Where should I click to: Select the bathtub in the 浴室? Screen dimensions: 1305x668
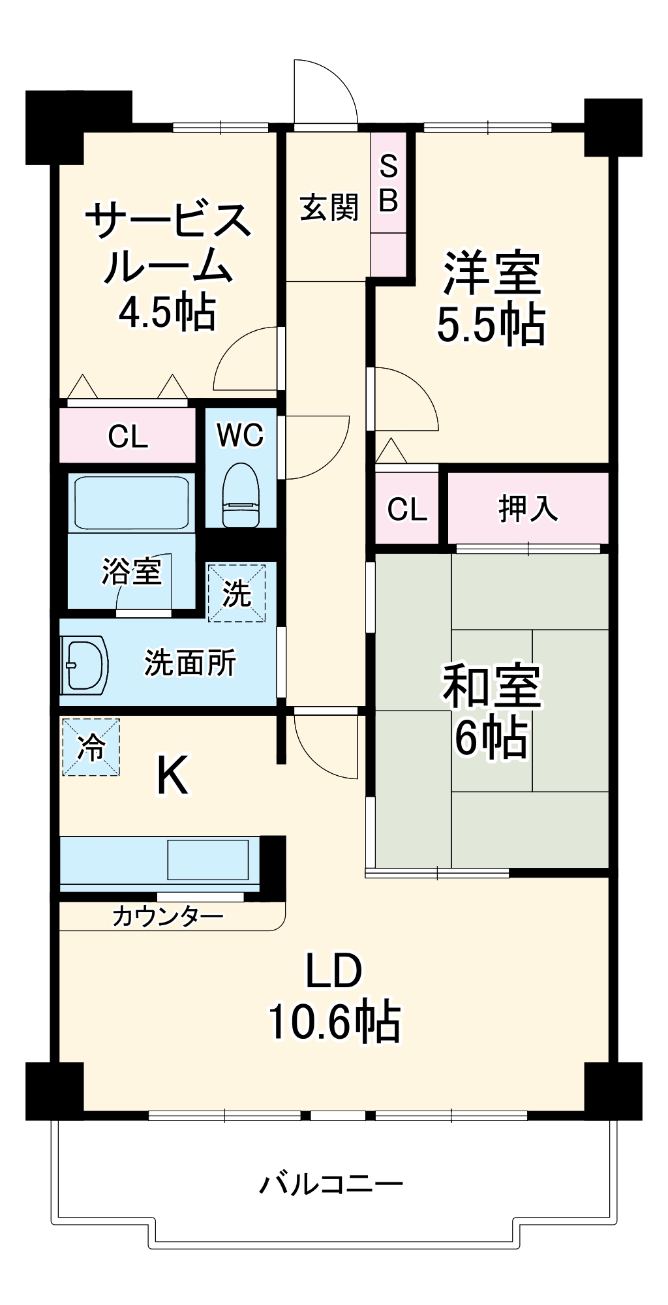131,502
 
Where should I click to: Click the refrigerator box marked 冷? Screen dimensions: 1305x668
91,747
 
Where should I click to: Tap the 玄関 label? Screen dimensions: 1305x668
329,207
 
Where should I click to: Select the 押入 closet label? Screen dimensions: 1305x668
527,508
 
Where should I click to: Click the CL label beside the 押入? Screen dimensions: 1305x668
407,509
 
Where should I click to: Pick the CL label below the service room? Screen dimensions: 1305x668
128,436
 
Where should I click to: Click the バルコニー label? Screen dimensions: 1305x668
331,1184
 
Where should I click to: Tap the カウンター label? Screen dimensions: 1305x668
168,917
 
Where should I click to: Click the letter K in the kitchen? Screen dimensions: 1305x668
173,775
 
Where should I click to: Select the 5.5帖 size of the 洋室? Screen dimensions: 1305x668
491,324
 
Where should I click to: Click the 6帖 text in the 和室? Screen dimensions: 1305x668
491,738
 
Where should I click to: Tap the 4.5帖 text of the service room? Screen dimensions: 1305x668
167,312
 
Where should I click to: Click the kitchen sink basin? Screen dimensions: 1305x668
208,859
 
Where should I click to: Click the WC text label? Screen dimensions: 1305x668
240,435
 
